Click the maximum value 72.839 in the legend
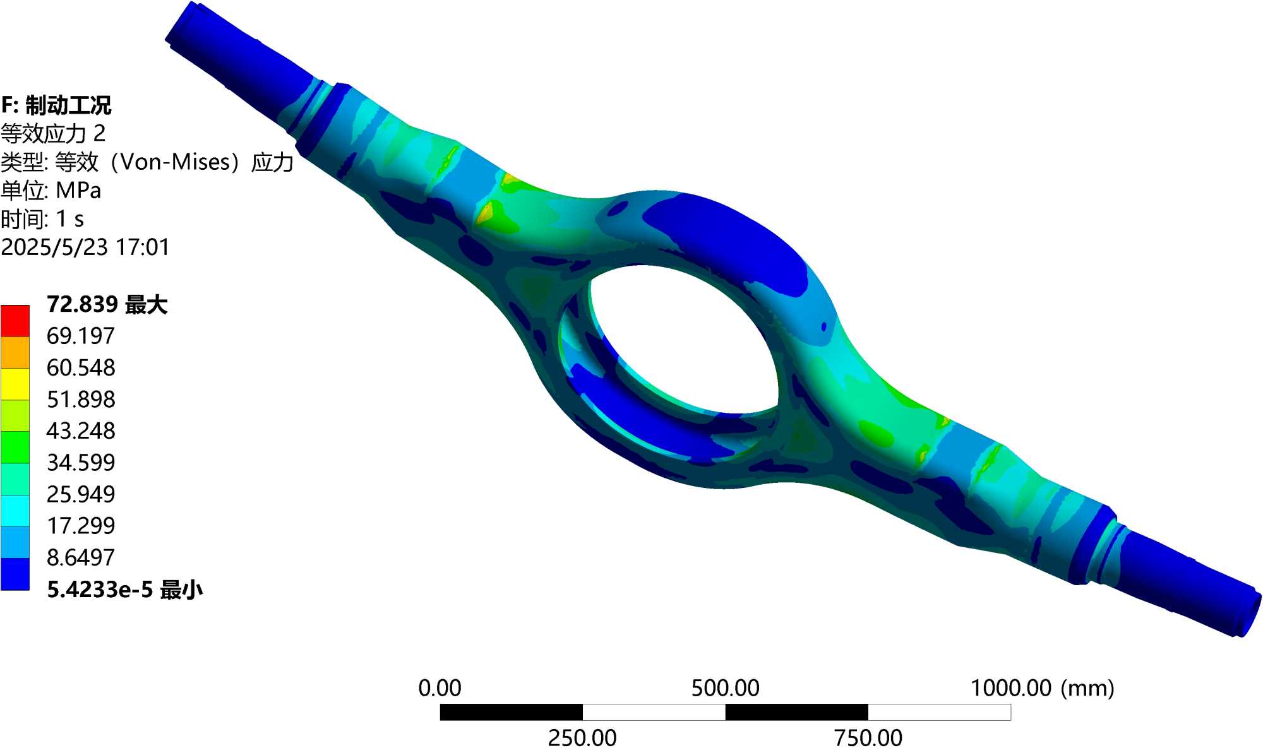[x=82, y=304]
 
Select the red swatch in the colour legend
[x=15, y=321]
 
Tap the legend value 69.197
[x=81, y=336]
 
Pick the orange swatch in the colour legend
[x=15, y=352]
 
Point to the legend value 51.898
[x=81, y=399]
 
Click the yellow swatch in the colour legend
[x=15, y=384]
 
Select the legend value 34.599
[x=81, y=463]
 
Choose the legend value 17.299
[x=81, y=526]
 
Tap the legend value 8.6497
[x=81, y=557]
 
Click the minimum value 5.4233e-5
[x=100, y=590]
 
